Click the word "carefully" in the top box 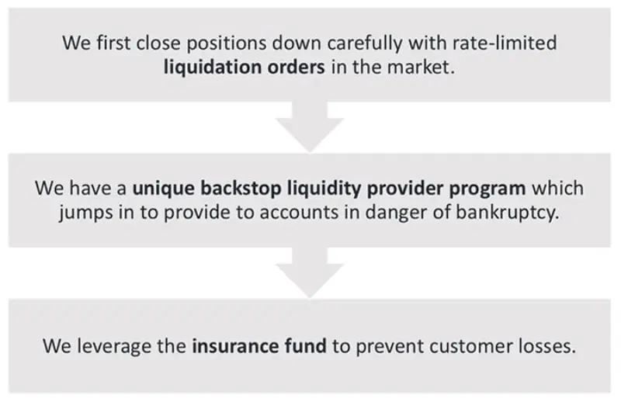pyautogui.click(x=364, y=43)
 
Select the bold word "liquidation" pyautogui.click(x=212, y=67)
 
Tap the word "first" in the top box pyautogui.click(x=113, y=43)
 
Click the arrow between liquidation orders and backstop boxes pyautogui.click(x=310, y=126)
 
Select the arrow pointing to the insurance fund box pyautogui.click(x=310, y=272)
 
